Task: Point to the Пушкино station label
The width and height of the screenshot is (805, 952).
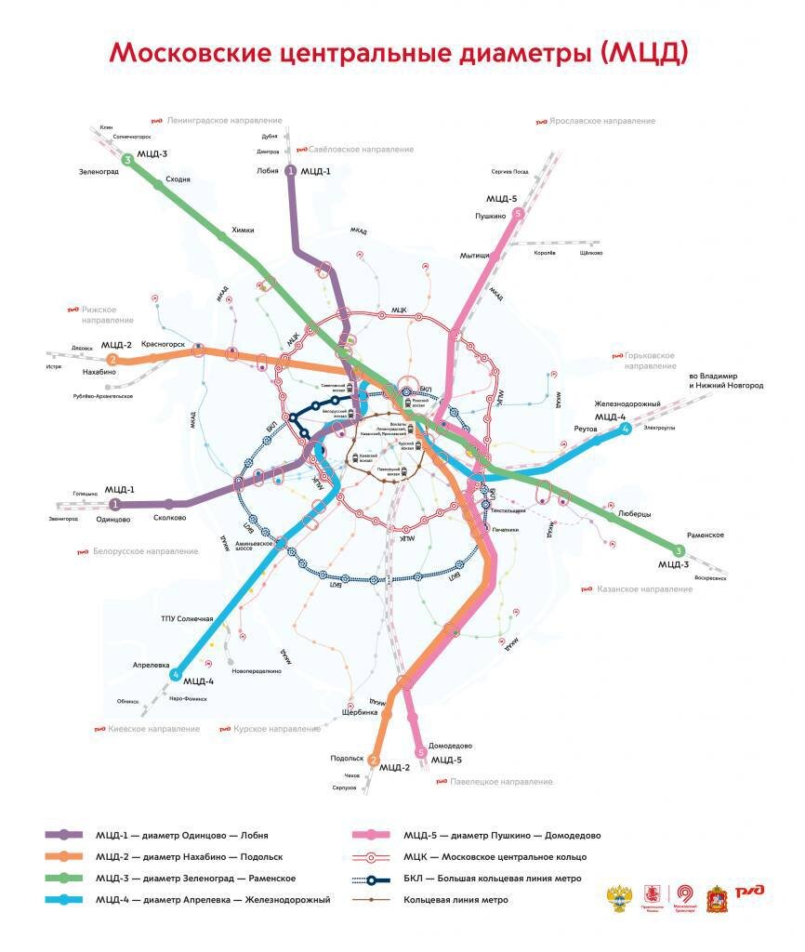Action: pos(488,216)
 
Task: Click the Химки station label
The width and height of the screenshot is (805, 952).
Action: pos(242,230)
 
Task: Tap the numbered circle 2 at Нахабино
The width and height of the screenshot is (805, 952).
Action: pos(112,360)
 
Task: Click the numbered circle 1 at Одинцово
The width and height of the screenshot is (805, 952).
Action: pos(115,504)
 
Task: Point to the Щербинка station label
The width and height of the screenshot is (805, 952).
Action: pos(361,712)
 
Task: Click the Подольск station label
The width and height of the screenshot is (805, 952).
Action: pos(346,759)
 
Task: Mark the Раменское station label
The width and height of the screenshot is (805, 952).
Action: pos(705,535)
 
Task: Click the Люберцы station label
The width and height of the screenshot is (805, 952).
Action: pos(635,513)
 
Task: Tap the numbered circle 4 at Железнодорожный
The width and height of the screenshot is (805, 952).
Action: pos(627,429)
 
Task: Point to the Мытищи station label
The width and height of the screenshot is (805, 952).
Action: pos(474,256)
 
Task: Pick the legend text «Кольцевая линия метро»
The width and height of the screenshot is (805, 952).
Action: pos(455,899)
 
